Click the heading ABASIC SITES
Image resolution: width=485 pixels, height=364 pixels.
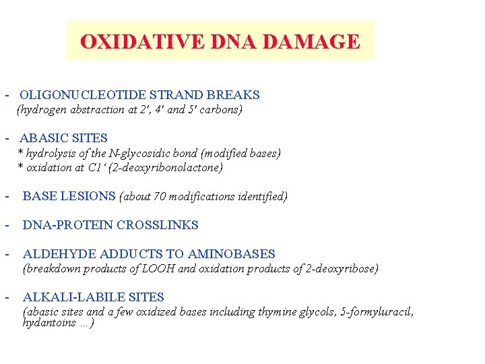point(63,138)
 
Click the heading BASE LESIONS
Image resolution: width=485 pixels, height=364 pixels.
point(69,196)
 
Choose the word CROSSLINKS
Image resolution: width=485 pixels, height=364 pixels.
point(158,225)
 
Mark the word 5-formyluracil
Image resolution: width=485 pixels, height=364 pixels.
point(379,312)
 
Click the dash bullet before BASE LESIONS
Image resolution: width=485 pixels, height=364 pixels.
point(6,197)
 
